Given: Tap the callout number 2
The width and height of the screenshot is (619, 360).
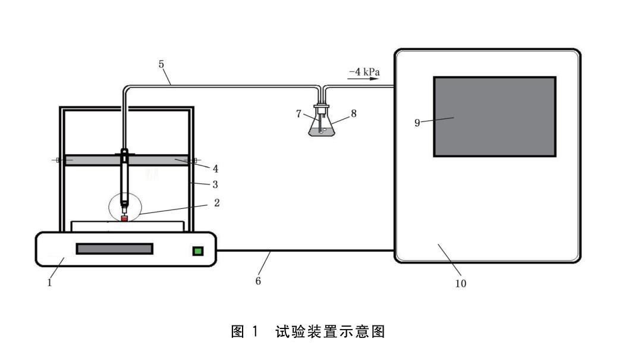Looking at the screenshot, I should point(216,203).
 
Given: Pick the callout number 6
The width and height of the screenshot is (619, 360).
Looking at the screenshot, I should point(258,280).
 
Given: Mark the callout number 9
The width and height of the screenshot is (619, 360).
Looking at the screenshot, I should point(417,123).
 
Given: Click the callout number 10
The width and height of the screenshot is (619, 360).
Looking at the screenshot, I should point(461,283).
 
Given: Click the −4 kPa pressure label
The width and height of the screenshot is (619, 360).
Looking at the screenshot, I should point(364,72).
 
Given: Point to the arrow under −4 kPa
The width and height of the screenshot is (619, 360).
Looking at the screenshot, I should point(364,79).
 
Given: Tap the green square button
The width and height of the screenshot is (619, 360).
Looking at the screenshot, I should point(197,251).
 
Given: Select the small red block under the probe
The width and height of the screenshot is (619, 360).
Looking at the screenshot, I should point(124,219).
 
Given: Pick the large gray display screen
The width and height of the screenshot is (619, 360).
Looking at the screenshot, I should point(495,117).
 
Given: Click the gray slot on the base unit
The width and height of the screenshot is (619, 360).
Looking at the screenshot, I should point(114,249).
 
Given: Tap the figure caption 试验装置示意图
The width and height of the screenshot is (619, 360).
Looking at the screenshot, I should point(330,331).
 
